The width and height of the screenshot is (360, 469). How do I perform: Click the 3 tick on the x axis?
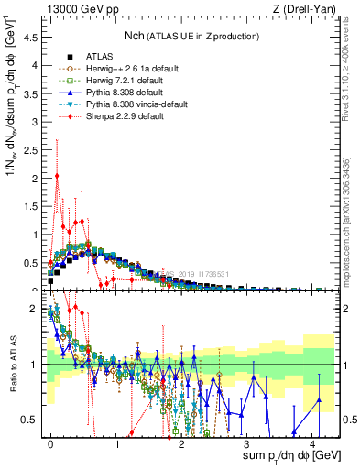point(248,442)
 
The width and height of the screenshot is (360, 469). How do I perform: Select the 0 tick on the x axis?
point(51,442)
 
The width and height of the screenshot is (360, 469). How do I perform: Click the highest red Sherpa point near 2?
point(57,176)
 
